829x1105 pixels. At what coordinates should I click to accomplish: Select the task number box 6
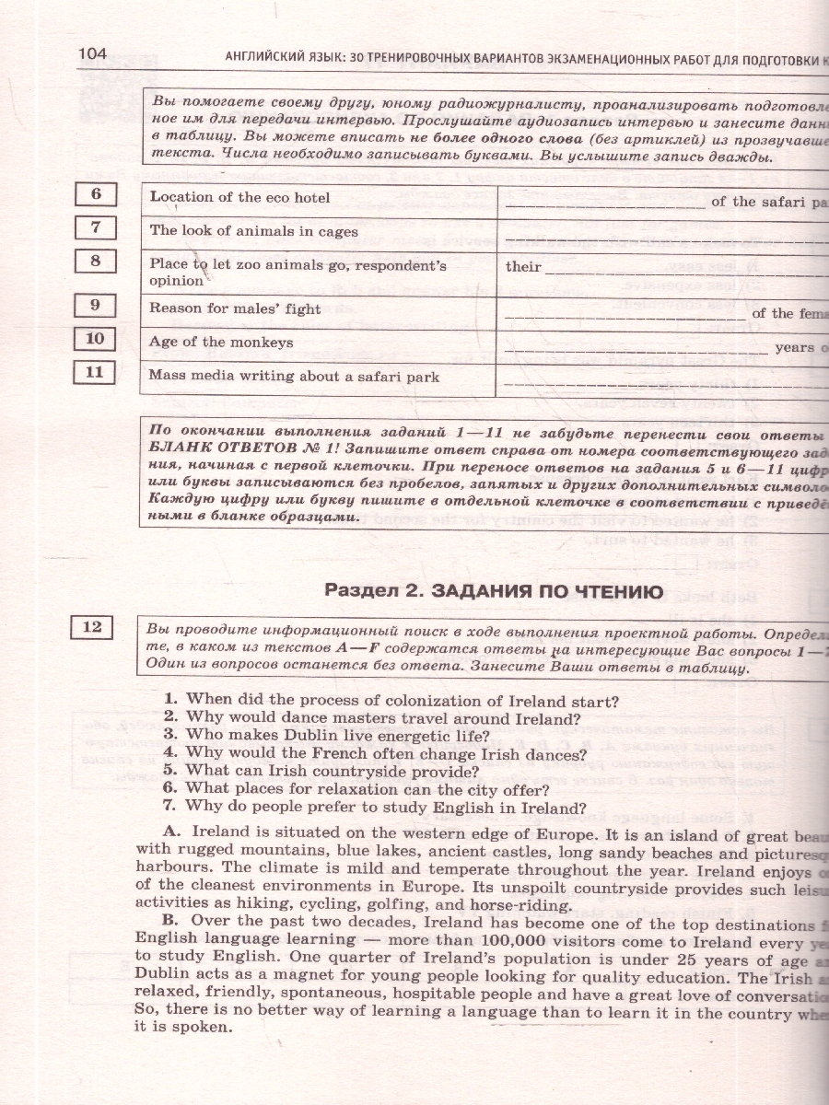[96, 194]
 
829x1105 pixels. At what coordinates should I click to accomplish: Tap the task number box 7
[96, 227]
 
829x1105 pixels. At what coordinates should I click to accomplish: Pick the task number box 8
[96, 262]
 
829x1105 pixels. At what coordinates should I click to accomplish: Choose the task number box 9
[96, 305]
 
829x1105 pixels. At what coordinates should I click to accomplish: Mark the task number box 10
[96, 339]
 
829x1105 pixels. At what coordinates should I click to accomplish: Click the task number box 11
[96, 373]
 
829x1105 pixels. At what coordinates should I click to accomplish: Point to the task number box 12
[92, 628]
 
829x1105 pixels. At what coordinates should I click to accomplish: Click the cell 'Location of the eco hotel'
[239, 197]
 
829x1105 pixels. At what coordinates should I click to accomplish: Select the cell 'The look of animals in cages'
[253, 231]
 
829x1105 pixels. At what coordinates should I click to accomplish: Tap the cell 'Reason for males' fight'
[235, 308]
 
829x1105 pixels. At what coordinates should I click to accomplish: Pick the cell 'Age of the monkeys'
[221, 343]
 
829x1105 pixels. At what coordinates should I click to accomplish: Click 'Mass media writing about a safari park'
[294, 377]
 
